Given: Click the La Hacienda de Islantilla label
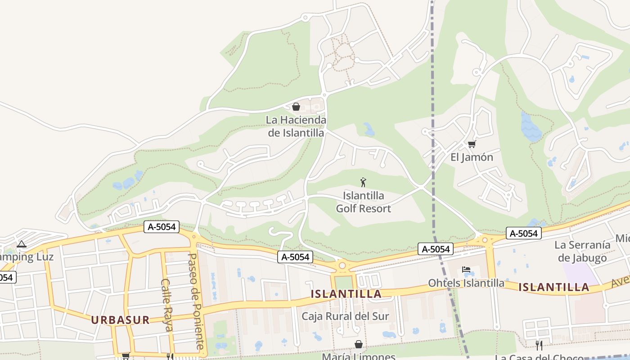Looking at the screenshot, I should (296, 126).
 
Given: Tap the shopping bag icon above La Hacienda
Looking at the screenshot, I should (296, 107).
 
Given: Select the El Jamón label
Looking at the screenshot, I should (472, 157).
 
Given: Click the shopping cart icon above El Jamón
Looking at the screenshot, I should (472, 144).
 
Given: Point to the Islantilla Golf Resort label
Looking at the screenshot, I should (364, 202).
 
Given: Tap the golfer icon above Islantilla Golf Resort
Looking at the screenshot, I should (363, 182).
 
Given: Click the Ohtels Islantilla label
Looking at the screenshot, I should (466, 283).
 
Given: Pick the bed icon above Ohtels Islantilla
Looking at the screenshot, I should (466, 270).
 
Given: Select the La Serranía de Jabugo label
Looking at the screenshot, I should (582, 251).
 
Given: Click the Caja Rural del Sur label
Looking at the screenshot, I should (345, 316).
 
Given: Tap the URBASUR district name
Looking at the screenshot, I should (120, 320).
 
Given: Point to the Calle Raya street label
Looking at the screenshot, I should (166, 305).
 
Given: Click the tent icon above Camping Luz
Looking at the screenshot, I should (21, 244).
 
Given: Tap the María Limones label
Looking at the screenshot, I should (358, 356).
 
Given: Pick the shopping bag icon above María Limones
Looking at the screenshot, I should (359, 344).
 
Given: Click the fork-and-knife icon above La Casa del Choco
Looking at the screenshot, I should (539, 345).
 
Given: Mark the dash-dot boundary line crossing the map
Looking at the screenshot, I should (433, 135).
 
